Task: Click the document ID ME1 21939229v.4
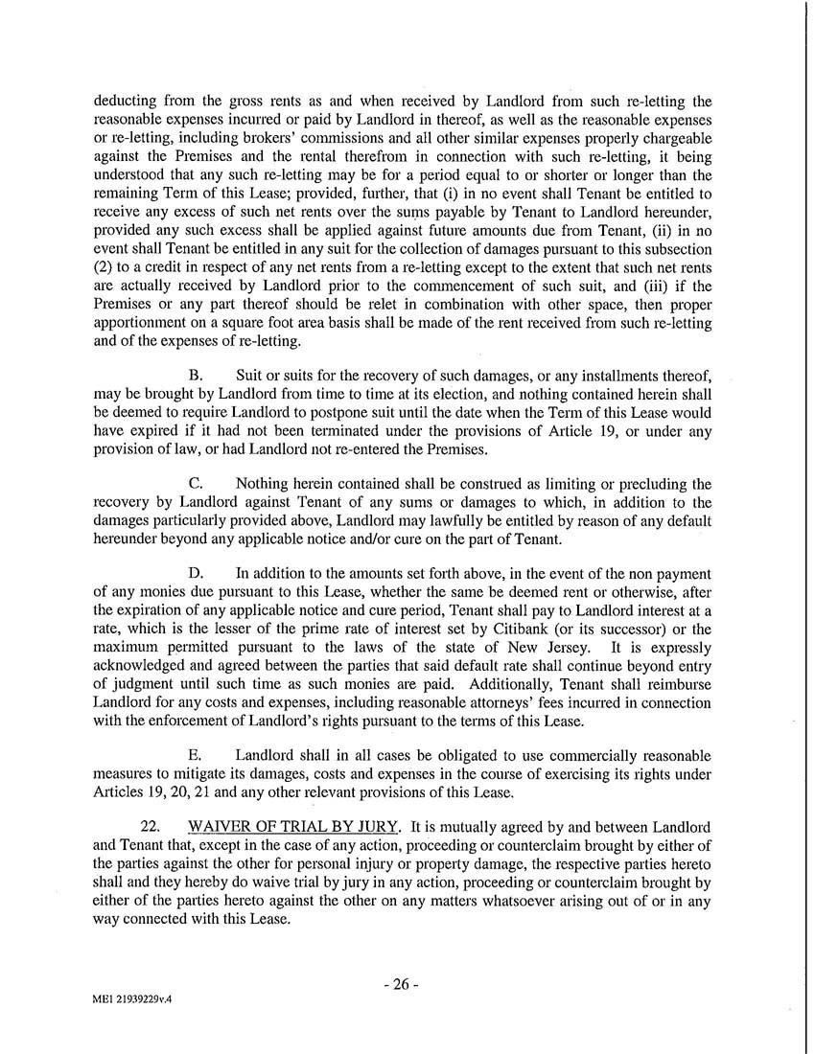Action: (134, 998)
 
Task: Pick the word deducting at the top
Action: (128, 101)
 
